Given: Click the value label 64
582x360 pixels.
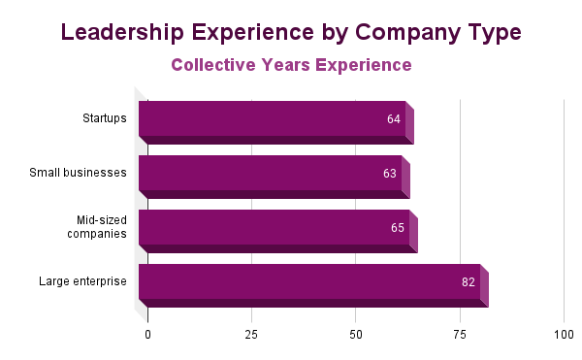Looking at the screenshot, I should [x=393, y=119].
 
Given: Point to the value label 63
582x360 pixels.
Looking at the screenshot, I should [x=390, y=174].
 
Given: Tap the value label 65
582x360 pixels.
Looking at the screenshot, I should [x=397, y=228].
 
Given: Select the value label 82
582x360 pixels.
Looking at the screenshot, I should [x=468, y=282].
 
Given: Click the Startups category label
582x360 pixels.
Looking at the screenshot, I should [x=105, y=118].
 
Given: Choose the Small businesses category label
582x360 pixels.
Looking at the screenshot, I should [x=79, y=173].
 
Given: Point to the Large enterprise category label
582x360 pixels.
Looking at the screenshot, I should [x=83, y=281].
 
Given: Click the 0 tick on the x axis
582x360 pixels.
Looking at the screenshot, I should [x=148, y=334].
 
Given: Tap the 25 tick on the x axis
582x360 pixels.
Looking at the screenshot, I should [x=252, y=334].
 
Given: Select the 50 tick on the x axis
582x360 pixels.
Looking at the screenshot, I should [x=356, y=334].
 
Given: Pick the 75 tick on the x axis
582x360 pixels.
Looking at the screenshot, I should [x=460, y=334].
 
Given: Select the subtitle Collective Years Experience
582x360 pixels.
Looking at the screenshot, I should [x=291, y=65].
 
